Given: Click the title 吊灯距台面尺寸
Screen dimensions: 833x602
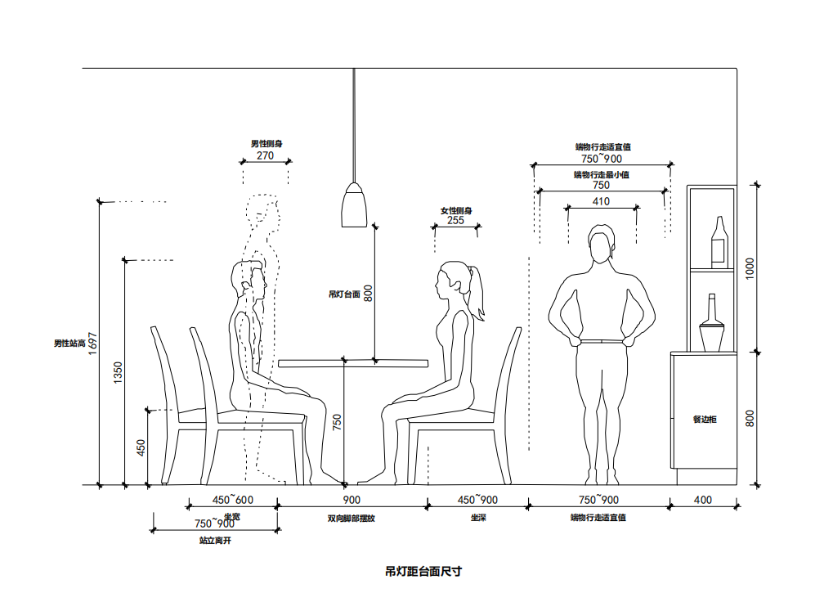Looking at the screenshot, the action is [x=423, y=571].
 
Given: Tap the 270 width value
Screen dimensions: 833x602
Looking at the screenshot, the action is [x=265, y=155].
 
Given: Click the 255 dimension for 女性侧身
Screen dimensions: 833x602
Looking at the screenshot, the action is [x=455, y=220].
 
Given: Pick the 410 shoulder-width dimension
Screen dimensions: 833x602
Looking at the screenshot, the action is [x=601, y=201].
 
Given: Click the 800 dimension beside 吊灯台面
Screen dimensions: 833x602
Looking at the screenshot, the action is [x=368, y=293].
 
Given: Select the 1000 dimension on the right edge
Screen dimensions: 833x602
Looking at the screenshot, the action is [x=750, y=268].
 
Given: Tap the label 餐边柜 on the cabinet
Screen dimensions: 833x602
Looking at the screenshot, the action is [x=704, y=420].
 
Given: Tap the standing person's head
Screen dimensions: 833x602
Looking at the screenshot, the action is [x=602, y=246].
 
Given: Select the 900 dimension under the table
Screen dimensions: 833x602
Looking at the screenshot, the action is [x=352, y=499].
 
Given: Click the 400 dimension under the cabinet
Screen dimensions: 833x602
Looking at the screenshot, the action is [x=702, y=499].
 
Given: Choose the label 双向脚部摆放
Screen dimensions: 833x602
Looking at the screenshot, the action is [x=351, y=518].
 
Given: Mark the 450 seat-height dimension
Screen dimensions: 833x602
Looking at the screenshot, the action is [x=141, y=447].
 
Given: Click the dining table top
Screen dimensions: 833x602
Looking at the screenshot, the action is [x=353, y=362].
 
